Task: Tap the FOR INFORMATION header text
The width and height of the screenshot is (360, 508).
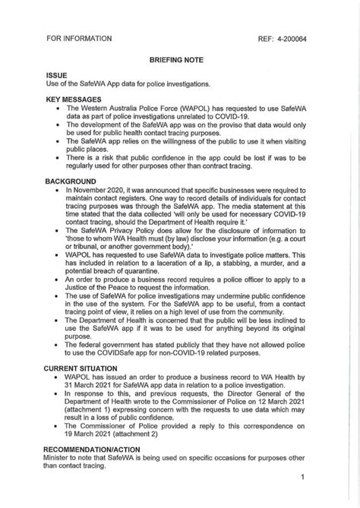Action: tap(79, 38)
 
